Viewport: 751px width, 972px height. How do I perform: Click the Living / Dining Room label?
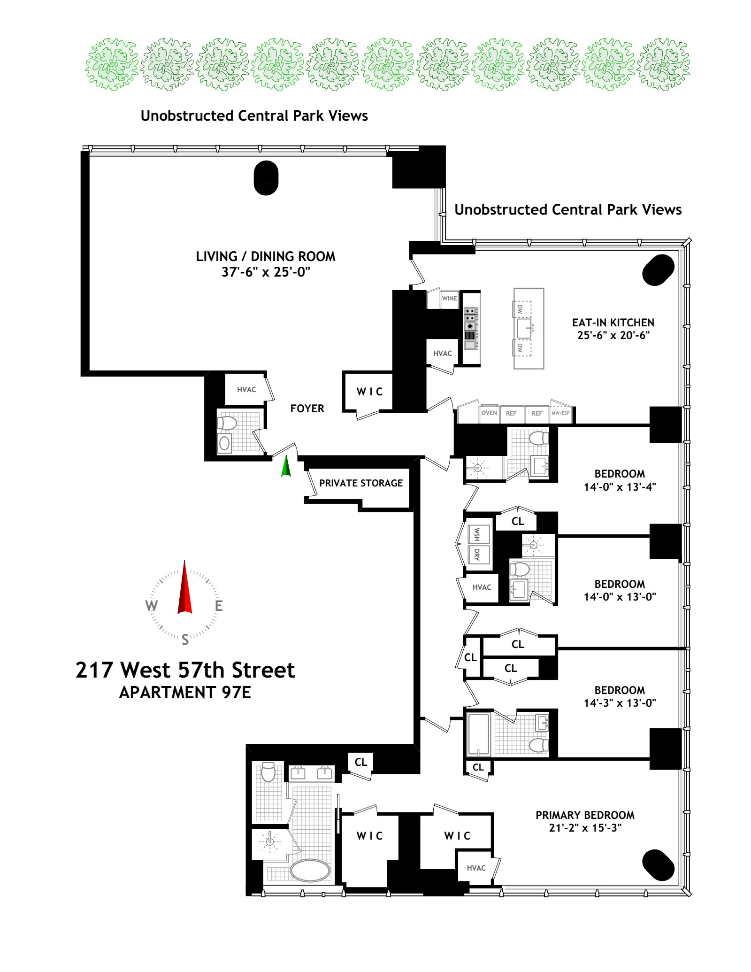(265, 256)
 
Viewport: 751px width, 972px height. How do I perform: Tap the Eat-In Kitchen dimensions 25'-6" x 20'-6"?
(613, 335)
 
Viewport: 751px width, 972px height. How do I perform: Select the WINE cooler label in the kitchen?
(449, 298)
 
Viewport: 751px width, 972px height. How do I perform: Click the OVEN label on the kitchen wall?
(489, 413)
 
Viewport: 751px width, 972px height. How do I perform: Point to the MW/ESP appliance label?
(560, 413)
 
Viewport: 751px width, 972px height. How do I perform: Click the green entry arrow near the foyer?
(286, 467)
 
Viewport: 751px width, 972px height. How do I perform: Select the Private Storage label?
(360, 483)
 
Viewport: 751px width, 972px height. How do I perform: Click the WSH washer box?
(477, 534)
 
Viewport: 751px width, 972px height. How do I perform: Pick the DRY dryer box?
(477, 555)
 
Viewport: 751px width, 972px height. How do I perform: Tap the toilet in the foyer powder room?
(227, 423)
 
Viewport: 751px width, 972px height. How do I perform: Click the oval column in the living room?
(266, 178)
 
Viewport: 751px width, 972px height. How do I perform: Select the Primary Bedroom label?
(585, 815)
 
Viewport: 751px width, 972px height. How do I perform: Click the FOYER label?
(307, 409)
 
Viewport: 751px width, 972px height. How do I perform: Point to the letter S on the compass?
(185, 640)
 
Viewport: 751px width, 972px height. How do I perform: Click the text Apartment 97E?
(185, 693)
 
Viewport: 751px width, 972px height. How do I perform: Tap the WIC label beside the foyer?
(369, 392)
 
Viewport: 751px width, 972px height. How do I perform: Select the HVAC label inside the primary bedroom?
(476, 868)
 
